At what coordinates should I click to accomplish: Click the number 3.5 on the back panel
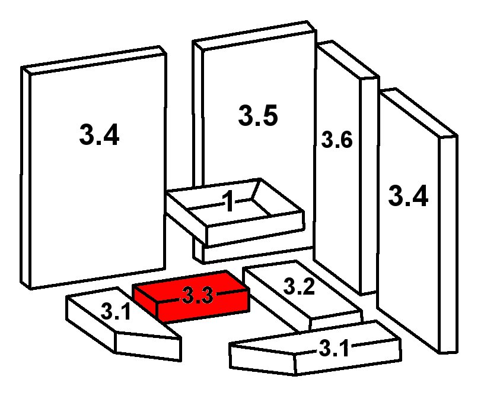click(x=258, y=115)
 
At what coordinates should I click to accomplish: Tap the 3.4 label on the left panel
click(x=99, y=135)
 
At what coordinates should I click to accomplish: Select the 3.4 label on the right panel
click(x=408, y=195)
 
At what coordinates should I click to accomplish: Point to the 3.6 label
click(x=337, y=140)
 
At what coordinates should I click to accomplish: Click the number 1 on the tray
click(x=229, y=201)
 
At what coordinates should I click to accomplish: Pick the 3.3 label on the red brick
click(x=198, y=295)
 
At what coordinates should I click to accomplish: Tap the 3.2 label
click(x=299, y=286)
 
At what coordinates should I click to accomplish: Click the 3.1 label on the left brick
click(x=116, y=312)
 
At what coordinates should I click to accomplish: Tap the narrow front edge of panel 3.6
click(x=369, y=185)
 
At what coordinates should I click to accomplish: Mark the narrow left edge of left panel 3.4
click(x=26, y=178)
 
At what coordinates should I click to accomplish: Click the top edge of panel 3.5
click(x=254, y=35)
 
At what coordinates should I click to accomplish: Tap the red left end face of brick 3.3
click(x=145, y=301)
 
